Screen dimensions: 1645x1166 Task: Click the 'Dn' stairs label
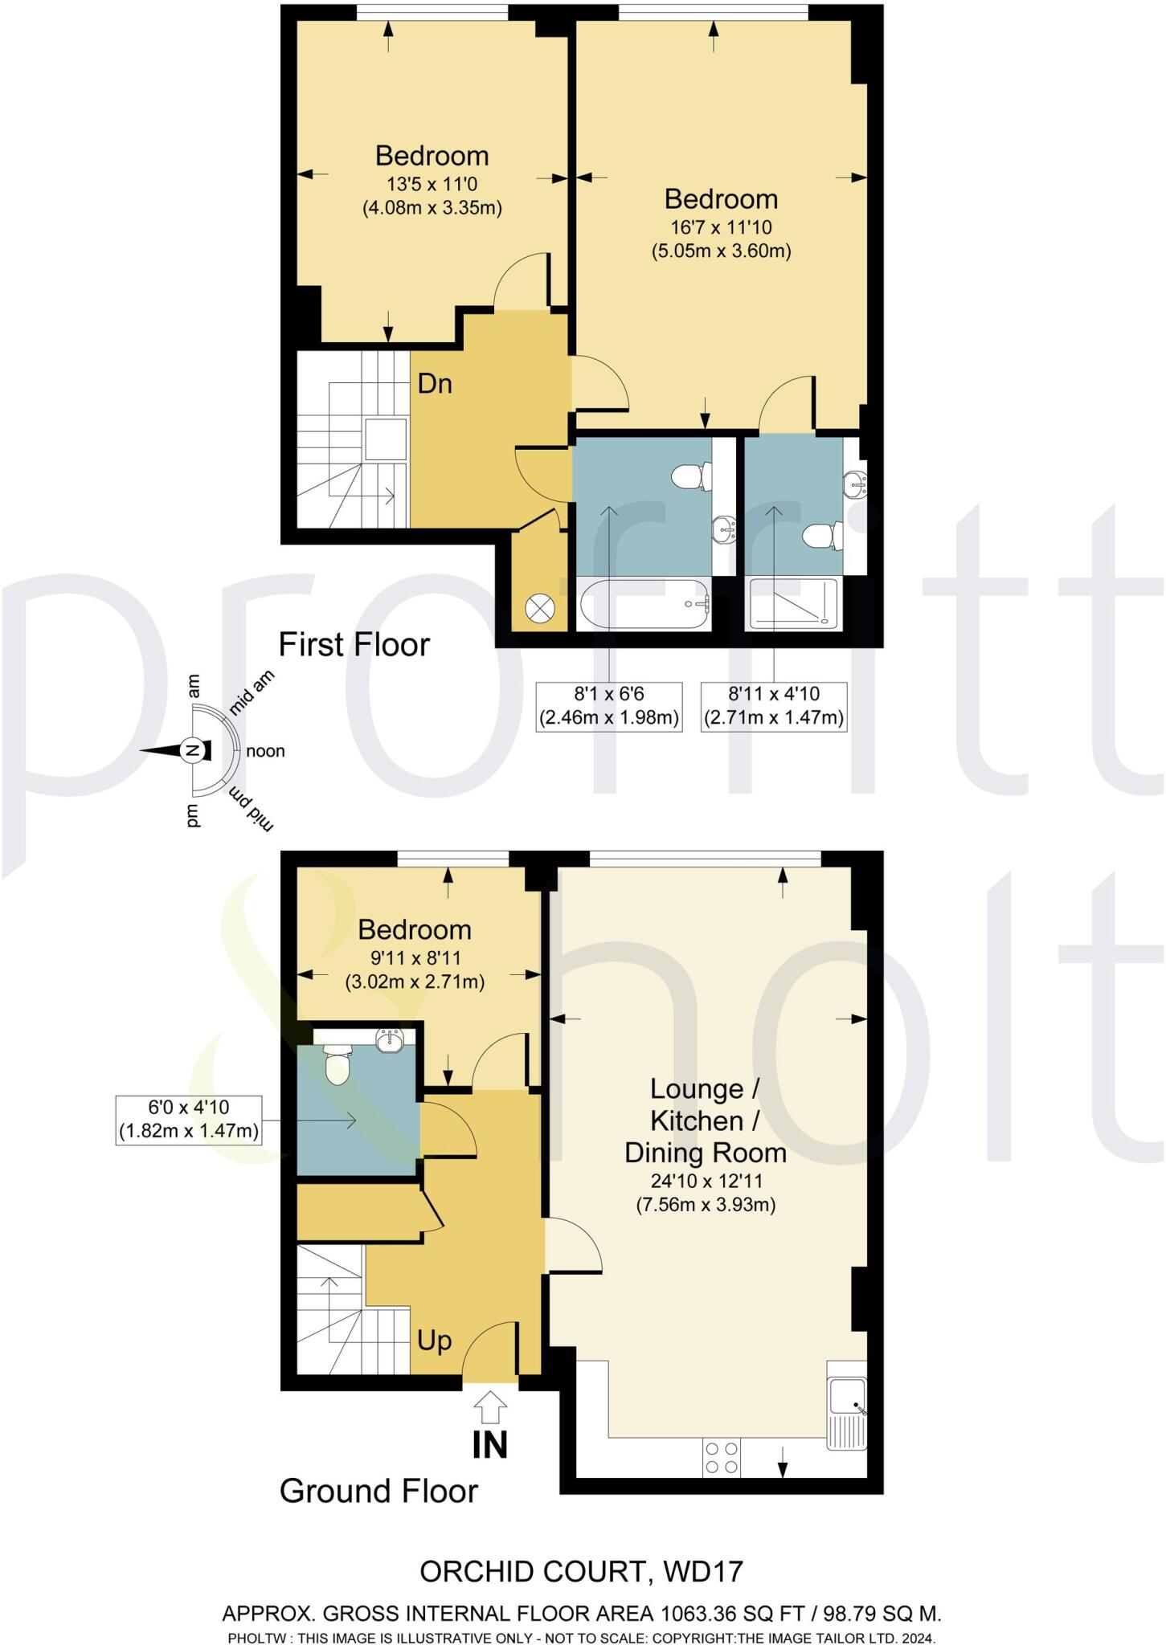(435, 384)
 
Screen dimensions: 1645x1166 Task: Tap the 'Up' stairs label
(434, 1340)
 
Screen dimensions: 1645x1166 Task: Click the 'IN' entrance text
(489, 1445)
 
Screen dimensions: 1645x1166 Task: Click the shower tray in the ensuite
(793, 602)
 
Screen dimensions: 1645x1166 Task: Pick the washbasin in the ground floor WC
(391, 1039)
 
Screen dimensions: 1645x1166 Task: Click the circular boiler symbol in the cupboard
(540, 608)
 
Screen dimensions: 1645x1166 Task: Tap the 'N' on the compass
(192, 750)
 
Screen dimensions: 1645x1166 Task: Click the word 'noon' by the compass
(265, 752)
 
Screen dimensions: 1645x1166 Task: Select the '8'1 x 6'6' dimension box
(609, 706)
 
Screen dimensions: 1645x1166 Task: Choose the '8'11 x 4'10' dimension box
(774, 706)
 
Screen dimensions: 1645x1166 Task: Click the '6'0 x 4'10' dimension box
(189, 1120)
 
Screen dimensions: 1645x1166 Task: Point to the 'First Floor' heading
(354, 645)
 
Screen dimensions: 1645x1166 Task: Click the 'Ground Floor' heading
(378, 1492)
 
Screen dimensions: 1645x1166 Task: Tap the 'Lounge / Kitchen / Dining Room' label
(705, 1120)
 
